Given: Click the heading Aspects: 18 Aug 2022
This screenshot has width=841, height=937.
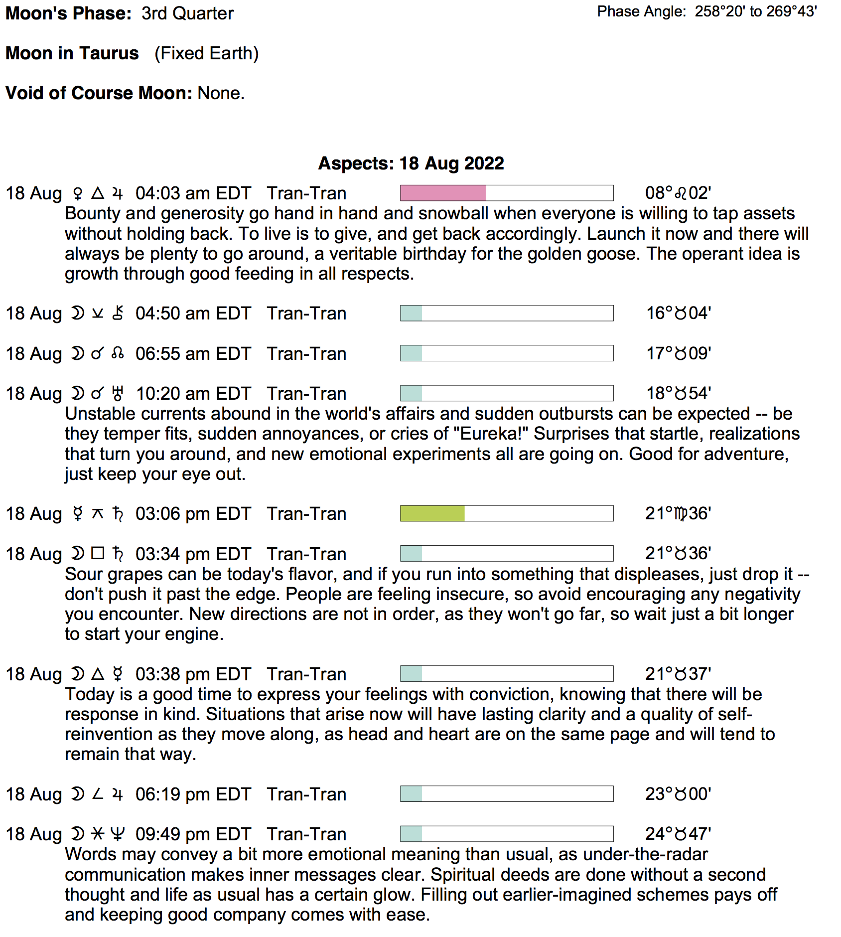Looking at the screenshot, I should tap(411, 163).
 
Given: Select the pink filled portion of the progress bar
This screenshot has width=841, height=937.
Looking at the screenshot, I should tap(442, 193).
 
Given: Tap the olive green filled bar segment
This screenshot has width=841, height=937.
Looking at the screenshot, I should tap(432, 513).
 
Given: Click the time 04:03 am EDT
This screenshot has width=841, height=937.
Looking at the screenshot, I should tap(193, 193).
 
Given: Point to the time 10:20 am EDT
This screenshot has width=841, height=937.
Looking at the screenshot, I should tap(193, 394).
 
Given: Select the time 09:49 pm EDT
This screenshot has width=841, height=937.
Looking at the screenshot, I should tap(193, 834).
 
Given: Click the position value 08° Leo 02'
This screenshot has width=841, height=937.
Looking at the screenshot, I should tap(678, 193).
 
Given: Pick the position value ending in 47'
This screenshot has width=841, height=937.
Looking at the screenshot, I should tap(678, 834).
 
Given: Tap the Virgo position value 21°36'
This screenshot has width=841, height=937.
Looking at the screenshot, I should tap(678, 513).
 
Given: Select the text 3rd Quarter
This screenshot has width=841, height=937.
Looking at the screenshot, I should tap(187, 13).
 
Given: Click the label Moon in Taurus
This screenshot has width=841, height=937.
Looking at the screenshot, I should tap(72, 53).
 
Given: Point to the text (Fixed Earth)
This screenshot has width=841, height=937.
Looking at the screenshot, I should tap(206, 53).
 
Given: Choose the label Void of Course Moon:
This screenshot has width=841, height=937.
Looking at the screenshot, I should tap(99, 93).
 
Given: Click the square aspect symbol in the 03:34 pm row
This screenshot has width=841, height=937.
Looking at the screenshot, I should tap(98, 553).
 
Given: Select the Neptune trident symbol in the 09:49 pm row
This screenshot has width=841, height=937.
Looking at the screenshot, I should tap(118, 834).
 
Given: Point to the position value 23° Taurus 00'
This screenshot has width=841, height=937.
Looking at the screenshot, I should tap(678, 794).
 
